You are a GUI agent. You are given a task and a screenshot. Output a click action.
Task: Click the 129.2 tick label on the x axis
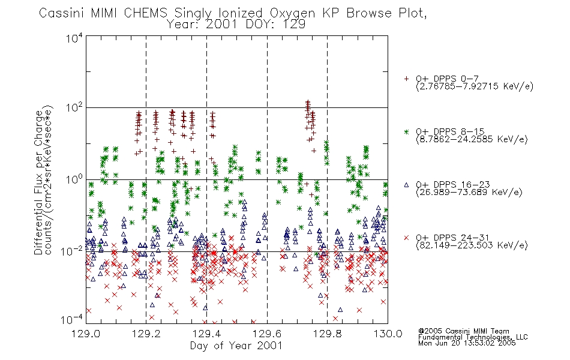coord(146,334)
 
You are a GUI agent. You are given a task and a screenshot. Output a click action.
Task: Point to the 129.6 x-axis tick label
coord(267,334)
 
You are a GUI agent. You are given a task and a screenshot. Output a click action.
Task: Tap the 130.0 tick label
coord(388,334)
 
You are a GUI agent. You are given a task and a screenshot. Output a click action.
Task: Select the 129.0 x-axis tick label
coord(86,334)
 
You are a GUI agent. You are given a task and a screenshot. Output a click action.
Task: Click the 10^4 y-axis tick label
coord(74,38)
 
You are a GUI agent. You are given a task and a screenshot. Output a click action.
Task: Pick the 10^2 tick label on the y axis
coord(74,107)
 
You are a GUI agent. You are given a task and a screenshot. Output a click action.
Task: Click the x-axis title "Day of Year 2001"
coord(236,346)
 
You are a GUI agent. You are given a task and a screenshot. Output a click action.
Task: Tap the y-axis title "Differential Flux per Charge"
coord(38,182)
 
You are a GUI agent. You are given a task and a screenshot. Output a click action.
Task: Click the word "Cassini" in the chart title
coord(62,13)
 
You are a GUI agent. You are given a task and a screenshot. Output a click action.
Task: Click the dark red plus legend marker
coord(406,79)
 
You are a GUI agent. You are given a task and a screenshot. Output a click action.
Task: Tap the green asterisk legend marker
coord(406,131)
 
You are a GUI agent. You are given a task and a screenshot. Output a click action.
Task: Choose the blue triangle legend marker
coord(406,185)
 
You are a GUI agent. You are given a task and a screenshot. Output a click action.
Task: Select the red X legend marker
coord(406,238)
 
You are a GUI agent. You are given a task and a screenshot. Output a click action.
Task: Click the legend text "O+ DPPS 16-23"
coord(453,184)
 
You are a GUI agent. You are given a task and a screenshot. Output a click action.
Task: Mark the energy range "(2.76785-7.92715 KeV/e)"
coord(475,86)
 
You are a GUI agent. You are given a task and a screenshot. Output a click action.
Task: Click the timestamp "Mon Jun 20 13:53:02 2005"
coord(467,343)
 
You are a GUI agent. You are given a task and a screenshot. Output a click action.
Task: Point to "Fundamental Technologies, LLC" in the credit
coord(473,337)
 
